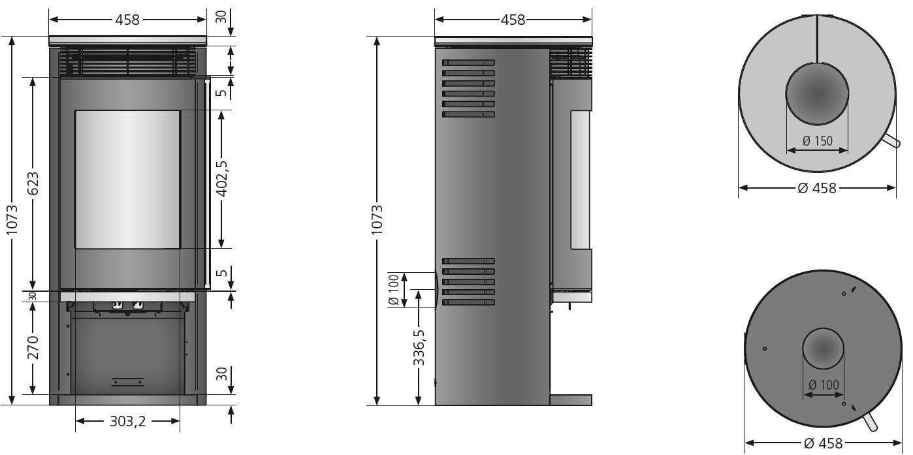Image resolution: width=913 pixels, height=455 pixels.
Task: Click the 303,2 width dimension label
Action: (127, 422)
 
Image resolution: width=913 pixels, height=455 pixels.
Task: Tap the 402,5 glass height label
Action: (222, 179)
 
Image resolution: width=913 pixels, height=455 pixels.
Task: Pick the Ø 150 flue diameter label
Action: (818, 141)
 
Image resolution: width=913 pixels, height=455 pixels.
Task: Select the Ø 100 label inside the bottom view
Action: (823, 386)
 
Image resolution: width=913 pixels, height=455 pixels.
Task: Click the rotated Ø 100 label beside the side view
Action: (393, 290)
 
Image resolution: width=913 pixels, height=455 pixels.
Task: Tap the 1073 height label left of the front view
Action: (11, 221)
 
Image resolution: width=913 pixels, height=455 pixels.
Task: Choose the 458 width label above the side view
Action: (513, 20)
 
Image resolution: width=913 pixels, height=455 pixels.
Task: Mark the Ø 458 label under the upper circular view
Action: (817, 188)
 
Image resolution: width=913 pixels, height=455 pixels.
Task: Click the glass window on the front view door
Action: (127, 179)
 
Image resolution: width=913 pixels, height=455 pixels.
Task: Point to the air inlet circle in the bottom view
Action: (823, 349)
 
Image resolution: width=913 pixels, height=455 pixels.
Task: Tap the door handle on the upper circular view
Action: (889, 143)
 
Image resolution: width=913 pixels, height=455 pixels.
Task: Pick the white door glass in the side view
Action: (581, 180)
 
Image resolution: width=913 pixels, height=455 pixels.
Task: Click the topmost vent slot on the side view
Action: (468, 63)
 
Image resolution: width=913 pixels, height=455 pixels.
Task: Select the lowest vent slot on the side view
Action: (468, 302)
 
